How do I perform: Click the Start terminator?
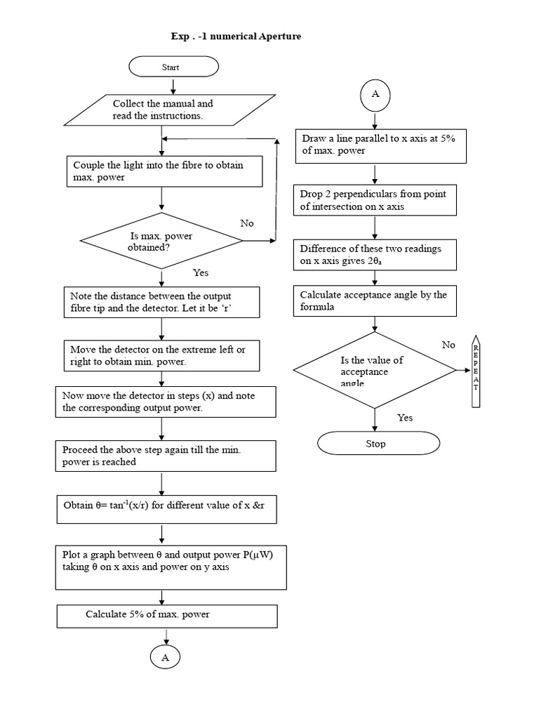click(173, 67)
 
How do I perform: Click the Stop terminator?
click(378, 444)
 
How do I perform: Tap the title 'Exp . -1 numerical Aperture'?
click(236, 36)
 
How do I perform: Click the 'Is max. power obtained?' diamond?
click(161, 242)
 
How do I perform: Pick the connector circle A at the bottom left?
click(166, 657)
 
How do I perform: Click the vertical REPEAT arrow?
click(475, 369)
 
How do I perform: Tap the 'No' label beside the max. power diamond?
click(246, 223)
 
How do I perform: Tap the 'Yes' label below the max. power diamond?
click(201, 272)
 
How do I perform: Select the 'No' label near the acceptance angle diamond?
click(448, 345)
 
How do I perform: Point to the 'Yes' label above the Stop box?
click(405, 418)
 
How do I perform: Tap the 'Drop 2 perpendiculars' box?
click(375, 200)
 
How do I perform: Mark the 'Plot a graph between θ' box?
click(171, 567)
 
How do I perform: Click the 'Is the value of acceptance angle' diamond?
click(375, 369)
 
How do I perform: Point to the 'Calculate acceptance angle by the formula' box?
click(375, 301)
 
